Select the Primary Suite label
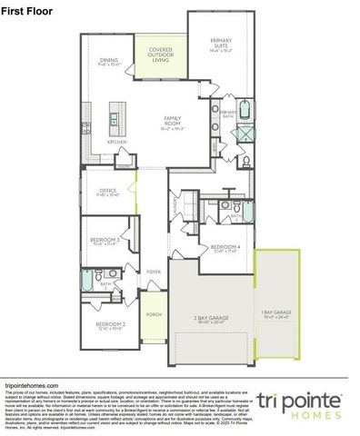click(x=221, y=45)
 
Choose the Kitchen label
click(x=117, y=142)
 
